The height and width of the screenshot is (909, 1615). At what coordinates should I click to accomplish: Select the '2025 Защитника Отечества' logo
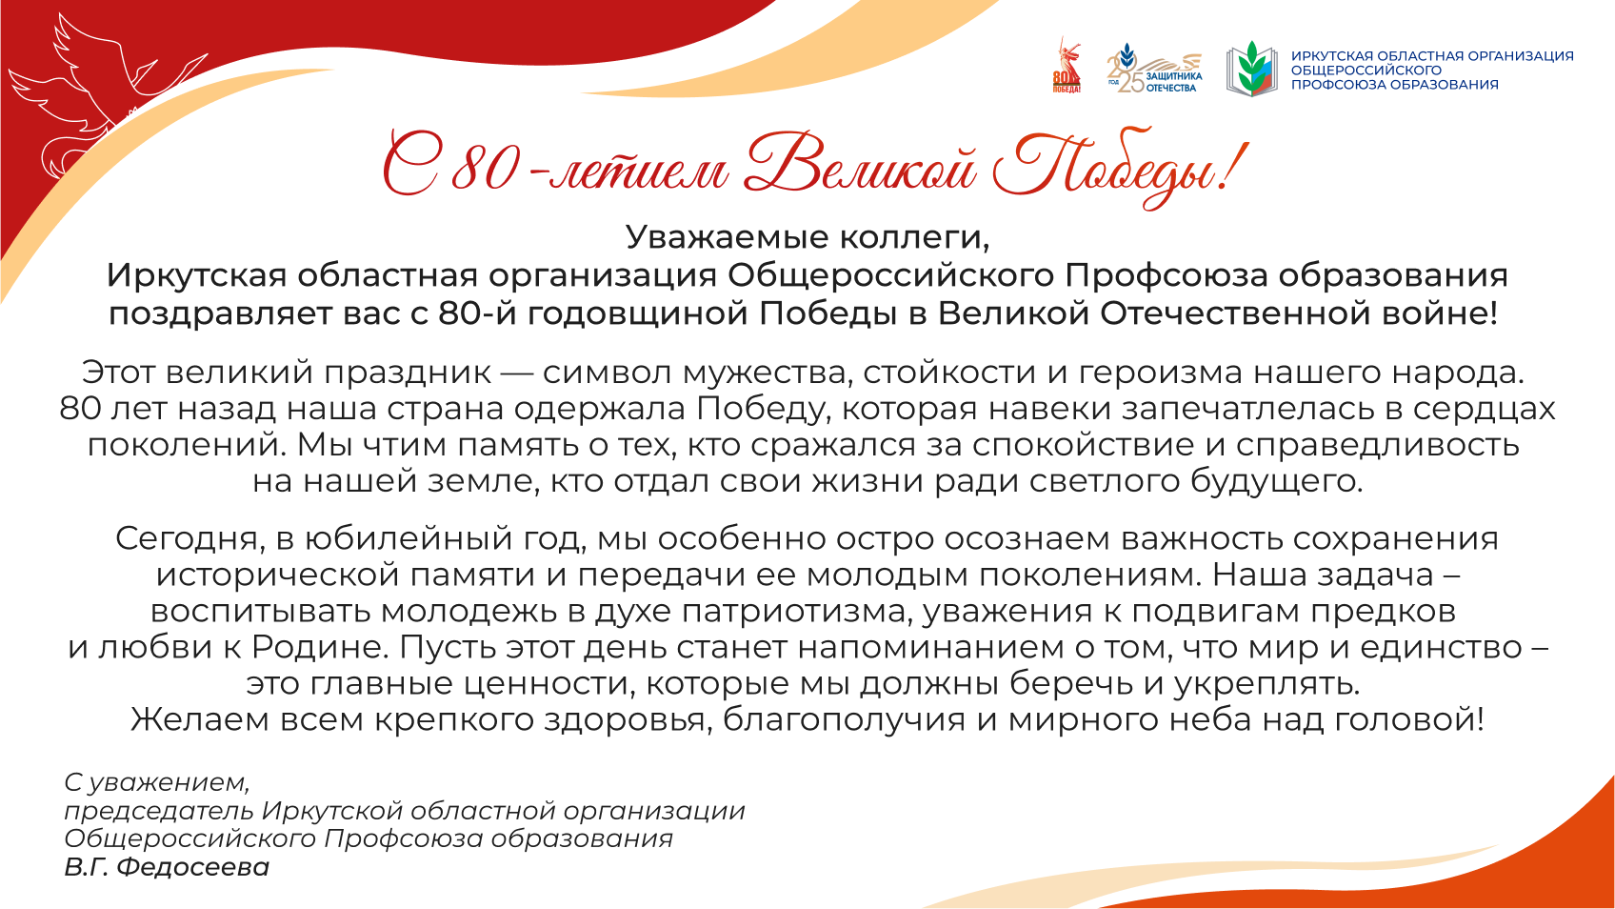click(1154, 68)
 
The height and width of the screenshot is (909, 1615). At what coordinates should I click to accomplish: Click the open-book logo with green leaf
click(1251, 70)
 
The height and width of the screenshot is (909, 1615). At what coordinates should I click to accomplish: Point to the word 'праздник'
click(408, 373)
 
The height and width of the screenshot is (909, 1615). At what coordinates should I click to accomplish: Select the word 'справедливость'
click(1378, 445)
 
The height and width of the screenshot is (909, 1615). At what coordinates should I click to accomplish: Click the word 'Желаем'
click(200, 719)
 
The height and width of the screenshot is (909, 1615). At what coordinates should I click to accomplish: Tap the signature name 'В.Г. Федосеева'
click(167, 866)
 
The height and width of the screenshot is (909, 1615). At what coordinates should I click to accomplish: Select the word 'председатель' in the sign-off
click(159, 812)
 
